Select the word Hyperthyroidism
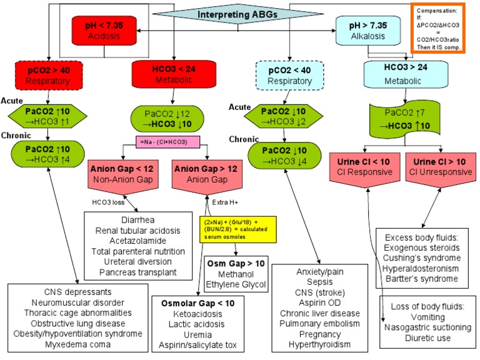click(x=319, y=344)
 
